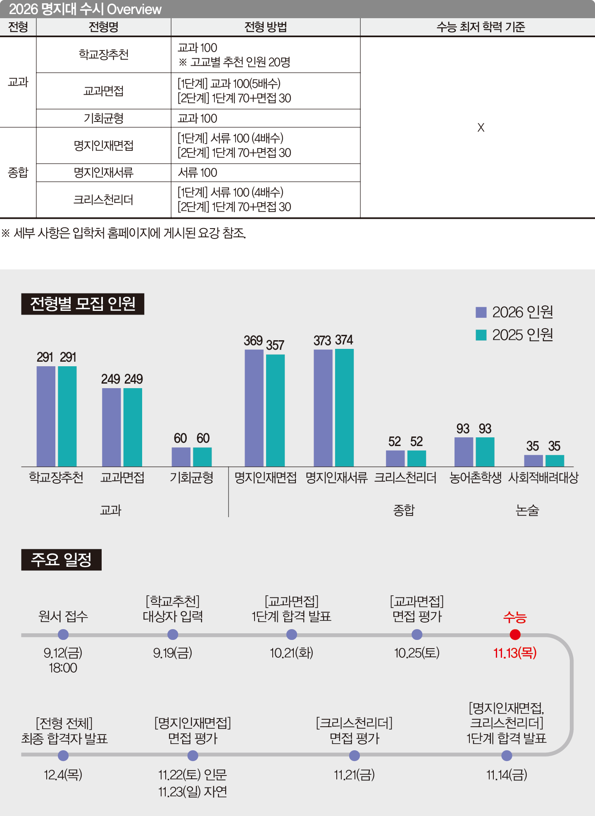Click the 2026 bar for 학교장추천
click(46, 416)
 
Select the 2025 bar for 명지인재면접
click(275, 410)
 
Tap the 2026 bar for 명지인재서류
click(323, 408)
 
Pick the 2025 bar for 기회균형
click(202, 457)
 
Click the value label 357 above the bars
click(275, 345)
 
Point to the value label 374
click(344, 340)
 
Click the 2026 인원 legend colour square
click(481, 312)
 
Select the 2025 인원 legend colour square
click(481, 335)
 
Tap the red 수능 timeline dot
click(515, 634)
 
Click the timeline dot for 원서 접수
click(63, 634)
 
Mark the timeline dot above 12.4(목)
click(63, 756)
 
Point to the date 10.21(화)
click(291, 653)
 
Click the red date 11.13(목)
click(515, 653)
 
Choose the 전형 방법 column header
click(266, 27)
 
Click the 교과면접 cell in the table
click(104, 91)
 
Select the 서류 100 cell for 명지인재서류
click(198, 173)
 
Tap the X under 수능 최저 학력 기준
click(481, 127)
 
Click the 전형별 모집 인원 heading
click(83, 304)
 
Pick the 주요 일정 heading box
click(61, 560)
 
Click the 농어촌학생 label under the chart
click(475, 478)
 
